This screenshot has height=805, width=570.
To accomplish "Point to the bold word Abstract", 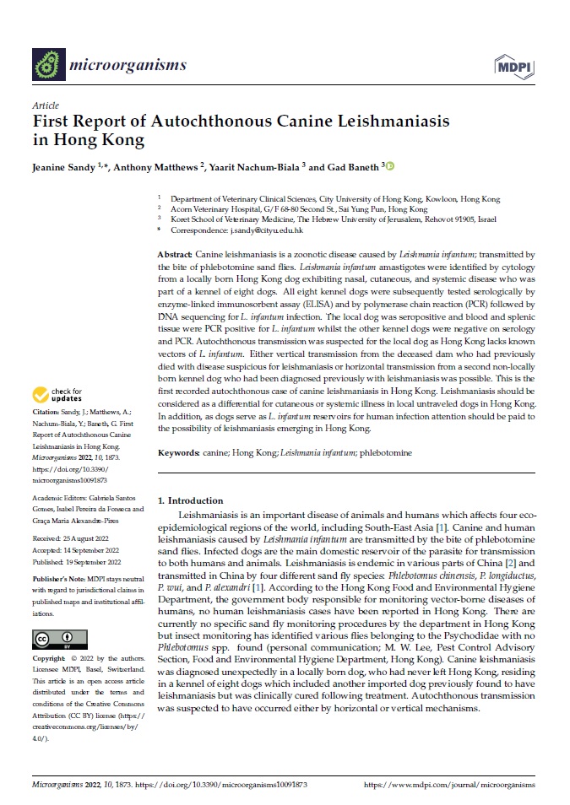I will click(175, 254).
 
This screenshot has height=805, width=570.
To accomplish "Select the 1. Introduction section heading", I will click(191, 500).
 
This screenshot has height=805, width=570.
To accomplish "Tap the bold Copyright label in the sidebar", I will click(50, 681).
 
